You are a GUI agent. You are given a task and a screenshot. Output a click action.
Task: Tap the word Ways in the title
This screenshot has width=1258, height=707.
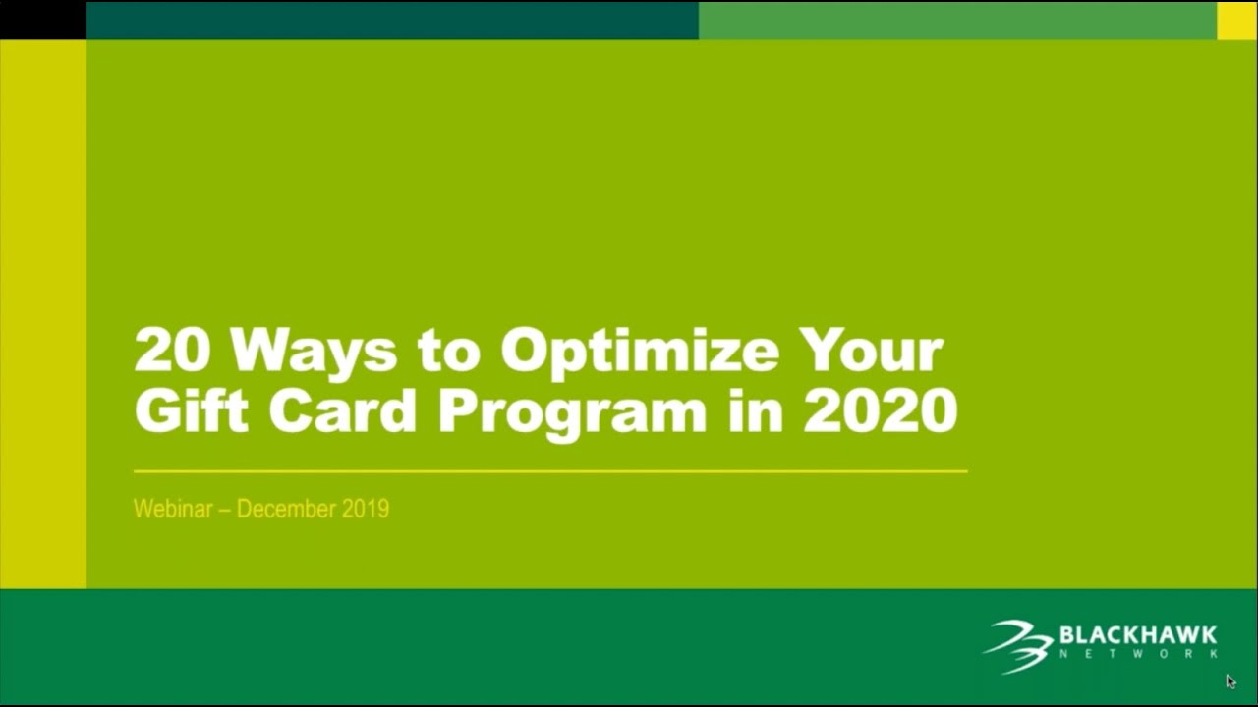314,351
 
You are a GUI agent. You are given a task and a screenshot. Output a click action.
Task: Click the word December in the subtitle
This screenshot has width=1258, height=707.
287,509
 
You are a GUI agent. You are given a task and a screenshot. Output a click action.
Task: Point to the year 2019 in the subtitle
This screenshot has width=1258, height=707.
366,509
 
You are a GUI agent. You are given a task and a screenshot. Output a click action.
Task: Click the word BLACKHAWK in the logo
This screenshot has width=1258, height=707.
1138,635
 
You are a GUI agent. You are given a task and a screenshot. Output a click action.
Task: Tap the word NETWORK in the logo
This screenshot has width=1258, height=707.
1138,654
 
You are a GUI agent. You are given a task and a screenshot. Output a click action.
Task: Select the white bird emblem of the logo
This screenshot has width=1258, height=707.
1018,645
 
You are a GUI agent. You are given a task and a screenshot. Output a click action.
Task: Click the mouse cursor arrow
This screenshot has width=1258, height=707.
1230,680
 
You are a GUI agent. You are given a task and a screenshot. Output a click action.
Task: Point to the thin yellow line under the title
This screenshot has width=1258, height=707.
550,471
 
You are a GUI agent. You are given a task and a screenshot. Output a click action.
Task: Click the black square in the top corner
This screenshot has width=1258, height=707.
42,20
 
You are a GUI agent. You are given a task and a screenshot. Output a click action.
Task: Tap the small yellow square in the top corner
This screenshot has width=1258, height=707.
1237,20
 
